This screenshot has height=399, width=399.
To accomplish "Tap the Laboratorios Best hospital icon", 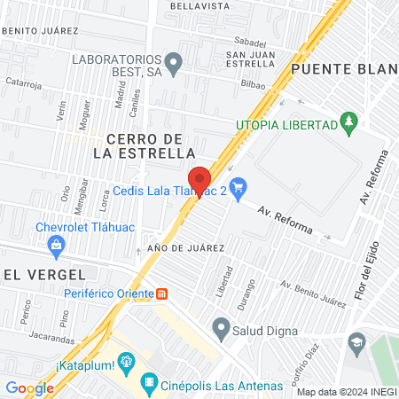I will pos(175,62).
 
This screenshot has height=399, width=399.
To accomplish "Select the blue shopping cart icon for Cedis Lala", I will pos(237,187).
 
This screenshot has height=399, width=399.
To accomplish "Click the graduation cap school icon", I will pos(356,340).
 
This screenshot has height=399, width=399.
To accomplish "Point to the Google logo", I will pos(29,387).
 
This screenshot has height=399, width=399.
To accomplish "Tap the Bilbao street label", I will pos(254,83).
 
